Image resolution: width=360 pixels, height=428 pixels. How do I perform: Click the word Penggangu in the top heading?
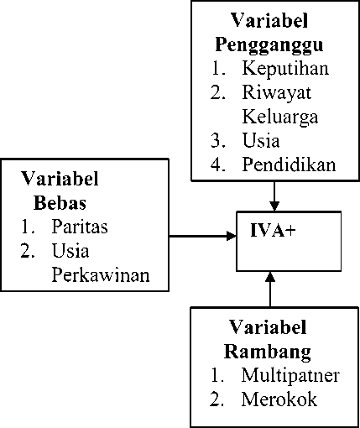pos(269,45)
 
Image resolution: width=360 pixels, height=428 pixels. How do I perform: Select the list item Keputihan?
pos(285,68)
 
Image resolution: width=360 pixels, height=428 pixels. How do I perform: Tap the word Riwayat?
pos(276,92)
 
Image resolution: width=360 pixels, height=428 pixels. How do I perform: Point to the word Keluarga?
pos(280,117)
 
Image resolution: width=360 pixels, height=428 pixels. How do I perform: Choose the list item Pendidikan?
pos(289,164)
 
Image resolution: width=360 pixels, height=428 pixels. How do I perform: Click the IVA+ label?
pos(273,231)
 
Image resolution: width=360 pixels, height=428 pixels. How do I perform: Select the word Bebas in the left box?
pos(60,203)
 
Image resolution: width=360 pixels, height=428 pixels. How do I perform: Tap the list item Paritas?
pos(80,227)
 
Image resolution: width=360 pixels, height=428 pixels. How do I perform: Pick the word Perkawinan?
pos(101,275)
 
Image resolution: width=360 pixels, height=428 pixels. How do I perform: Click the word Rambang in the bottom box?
pos(268,352)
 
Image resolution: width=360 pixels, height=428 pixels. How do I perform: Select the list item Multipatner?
pos(290,375)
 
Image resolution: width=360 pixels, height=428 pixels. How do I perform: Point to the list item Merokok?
pos(279,399)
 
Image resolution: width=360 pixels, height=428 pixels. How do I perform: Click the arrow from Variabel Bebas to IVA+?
pos(203,236)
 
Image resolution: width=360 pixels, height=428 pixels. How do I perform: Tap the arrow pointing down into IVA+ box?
pos(274,196)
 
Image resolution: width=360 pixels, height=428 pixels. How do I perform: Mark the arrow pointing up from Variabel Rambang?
pos(270,289)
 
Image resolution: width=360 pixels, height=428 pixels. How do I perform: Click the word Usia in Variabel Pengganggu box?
pos(261,140)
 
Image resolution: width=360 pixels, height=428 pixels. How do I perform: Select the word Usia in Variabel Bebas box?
pos(70,251)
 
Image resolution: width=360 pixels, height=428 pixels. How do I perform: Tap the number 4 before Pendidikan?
pos(218,164)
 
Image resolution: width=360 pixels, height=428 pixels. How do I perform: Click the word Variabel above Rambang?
pos(268,327)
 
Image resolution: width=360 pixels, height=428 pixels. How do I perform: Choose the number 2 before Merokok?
pos(217,399)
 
